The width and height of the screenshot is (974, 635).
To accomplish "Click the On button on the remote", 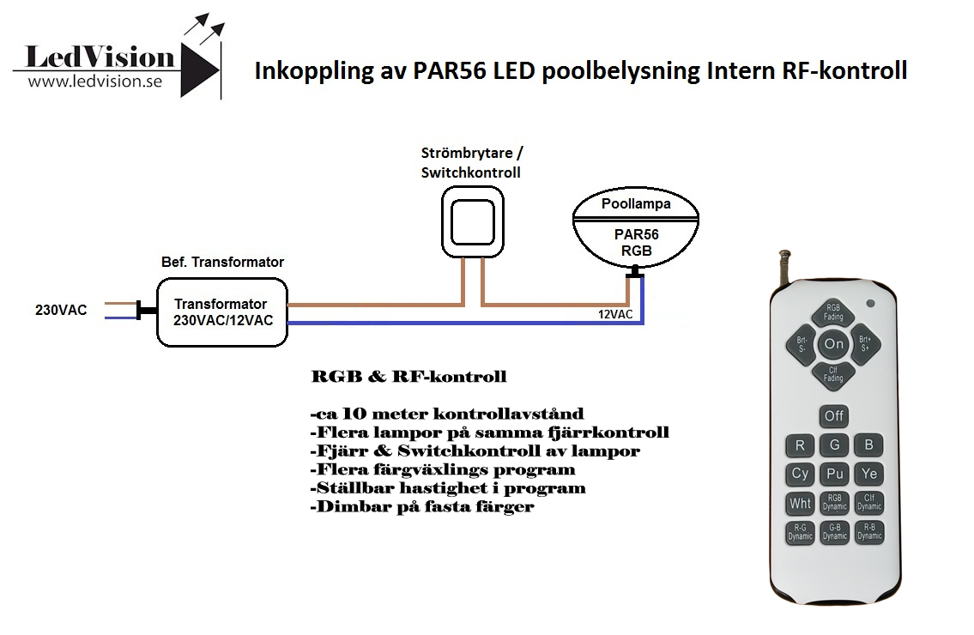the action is click(x=833, y=343).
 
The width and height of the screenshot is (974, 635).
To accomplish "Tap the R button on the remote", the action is click(x=800, y=444).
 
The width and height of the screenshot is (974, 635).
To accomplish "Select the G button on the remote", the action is click(x=835, y=444).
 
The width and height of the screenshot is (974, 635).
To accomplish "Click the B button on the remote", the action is click(x=869, y=444).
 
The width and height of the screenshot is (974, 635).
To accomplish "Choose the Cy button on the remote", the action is click(x=800, y=474).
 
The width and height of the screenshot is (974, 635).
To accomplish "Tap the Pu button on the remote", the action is click(x=835, y=474).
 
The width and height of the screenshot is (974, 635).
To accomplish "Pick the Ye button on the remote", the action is click(x=869, y=474).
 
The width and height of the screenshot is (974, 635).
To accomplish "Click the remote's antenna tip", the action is click(x=785, y=253).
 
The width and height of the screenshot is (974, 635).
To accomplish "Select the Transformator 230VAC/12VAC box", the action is click(x=222, y=311).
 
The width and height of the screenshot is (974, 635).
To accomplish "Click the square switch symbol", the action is click(x=473, y=221).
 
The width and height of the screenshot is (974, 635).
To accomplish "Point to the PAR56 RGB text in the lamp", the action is click(x=636, y=242).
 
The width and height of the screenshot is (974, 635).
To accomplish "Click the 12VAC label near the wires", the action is click(x=615, y=314).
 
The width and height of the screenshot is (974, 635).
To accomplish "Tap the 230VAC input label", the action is click(x=61, y=310).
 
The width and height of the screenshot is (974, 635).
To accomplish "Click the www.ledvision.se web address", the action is click(x=95, y=82).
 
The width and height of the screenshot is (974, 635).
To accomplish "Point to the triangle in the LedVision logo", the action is click(x=199, y=70).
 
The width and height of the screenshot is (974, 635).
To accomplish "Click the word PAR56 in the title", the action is click(x=450, y=70).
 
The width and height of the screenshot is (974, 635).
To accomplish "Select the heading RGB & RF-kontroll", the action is click(x=408, y=377).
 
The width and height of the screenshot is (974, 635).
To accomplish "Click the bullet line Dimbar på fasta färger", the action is click(x=422, y=507).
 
